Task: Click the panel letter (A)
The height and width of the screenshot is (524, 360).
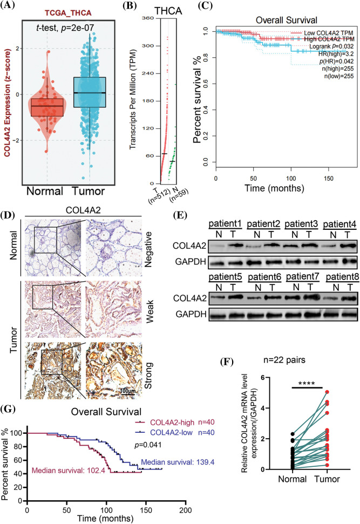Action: coord(11,7)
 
